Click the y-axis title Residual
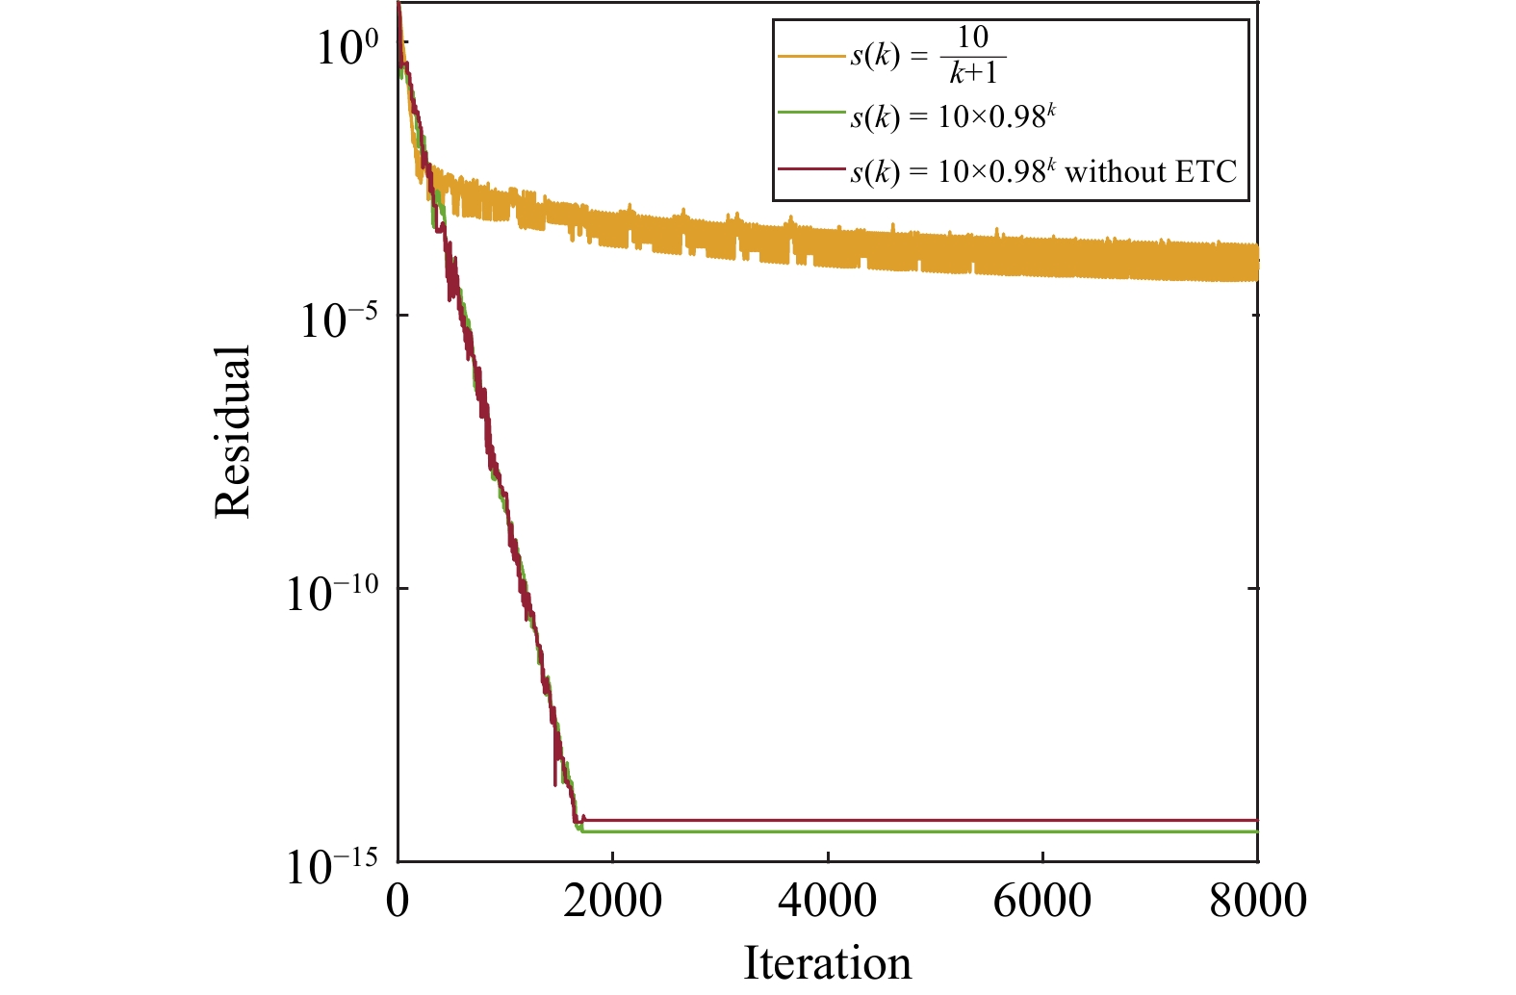pyautogui.click(x=232, y=432)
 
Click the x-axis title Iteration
pyautogui.click(x=827, y=963)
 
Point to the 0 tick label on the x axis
pyautogui.click(x=398, y=902)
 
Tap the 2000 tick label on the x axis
pyautogui.click(x=612, y=902)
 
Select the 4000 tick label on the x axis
pyautogui.click(x=828, y=902)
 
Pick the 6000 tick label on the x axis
pyautogui.click(x=1042, y=902)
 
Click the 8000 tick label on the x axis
pyautogui.click(x=1257, y=902)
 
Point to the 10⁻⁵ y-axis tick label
pyautogui.click(x=336, y=319)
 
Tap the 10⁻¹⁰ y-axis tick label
pyautogui.click(x=330, y=592)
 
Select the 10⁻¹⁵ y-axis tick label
pyautogui.click(x=330, y=865)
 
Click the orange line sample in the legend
pyautogui.click(x=811, y=57)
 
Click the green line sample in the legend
pyautogui.click(x=811, y=115)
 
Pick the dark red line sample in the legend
pyautogui.click(x=811, y=169)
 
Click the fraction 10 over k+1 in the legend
pyautogui.click(x=973, y=56)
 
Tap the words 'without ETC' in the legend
pyautogui.click(x=1150, y=171)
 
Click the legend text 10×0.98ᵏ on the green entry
pyautogui.click(x=997, y=115)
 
